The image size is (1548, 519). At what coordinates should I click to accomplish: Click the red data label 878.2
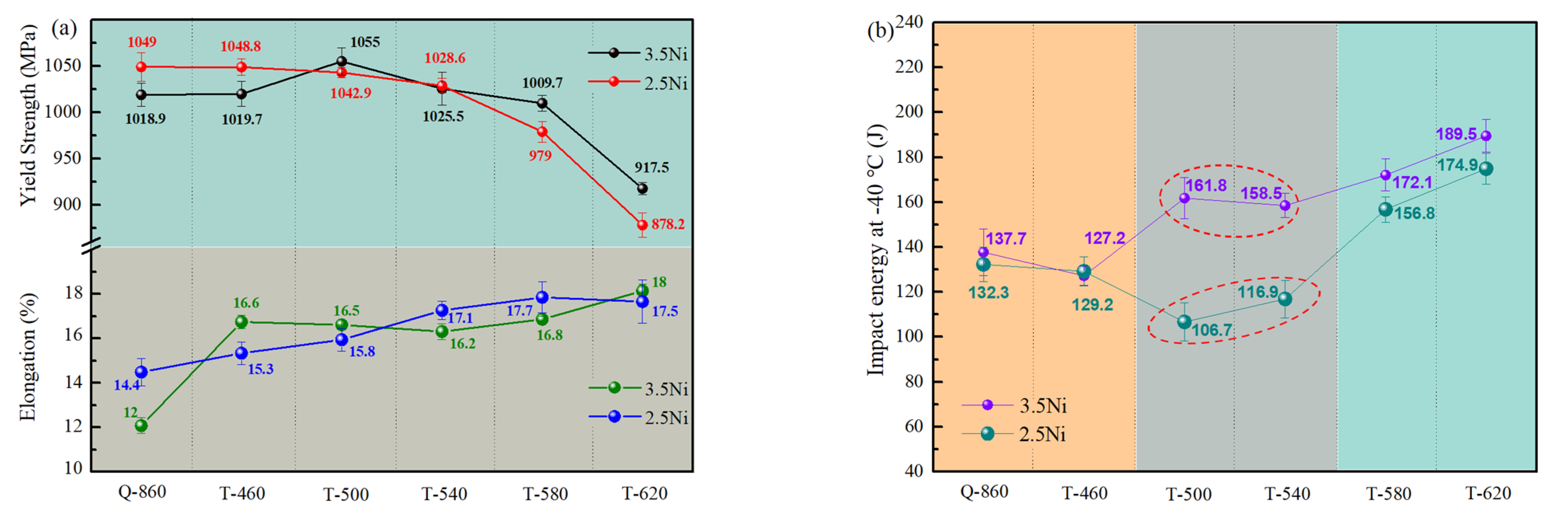[x=668, y=224]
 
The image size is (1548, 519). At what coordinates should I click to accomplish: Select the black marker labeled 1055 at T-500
[x=341, y=61]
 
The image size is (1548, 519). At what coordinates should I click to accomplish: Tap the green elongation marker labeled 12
[x=141, y=426]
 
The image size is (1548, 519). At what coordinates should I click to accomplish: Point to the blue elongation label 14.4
[x=127, y=385]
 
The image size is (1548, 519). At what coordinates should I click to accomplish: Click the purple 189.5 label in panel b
[x=1456, y=134]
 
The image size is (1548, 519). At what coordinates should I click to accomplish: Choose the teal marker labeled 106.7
[x=1184, y=322]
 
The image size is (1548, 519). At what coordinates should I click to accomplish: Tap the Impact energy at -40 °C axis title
[x=876, y=249]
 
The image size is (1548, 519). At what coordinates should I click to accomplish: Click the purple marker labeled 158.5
[x=1285, y=206]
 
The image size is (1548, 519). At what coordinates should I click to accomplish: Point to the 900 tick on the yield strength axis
[x=69, y=204]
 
